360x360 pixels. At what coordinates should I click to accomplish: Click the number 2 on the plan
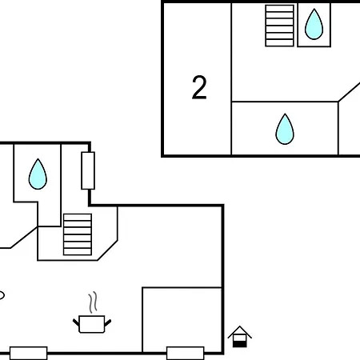coord(199,87)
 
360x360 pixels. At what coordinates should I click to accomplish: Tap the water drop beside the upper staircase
coord(314,25)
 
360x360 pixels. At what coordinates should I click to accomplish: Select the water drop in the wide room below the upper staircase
coord(285,130)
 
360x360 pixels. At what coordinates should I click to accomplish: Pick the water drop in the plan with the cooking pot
coord(38,174)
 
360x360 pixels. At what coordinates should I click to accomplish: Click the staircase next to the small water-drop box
coord(279,26)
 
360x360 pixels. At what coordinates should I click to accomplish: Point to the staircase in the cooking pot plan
coord(78,234)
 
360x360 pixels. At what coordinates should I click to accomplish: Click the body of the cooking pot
coord(92,324)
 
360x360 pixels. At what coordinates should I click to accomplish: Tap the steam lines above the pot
coord(93,302)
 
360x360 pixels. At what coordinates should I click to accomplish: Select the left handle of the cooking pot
coord(76,322)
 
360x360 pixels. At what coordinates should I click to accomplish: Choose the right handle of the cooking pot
coord(108,322)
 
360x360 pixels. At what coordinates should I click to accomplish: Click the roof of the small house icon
coord(240,332)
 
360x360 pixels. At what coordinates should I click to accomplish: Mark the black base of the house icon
coord(240,344)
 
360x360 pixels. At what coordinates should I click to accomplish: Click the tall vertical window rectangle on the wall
coord(88,170)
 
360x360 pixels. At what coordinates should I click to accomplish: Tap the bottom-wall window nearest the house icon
coord(186,353)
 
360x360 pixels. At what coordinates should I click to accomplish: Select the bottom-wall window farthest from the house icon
coord(29,353)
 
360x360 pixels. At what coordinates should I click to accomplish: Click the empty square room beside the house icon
coord(182,320)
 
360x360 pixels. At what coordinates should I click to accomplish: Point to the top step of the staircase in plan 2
coord(279,8)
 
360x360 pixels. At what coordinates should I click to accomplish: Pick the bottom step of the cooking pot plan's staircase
coord(78,252)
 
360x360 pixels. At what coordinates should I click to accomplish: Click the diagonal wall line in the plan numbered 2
coord(349,92)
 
